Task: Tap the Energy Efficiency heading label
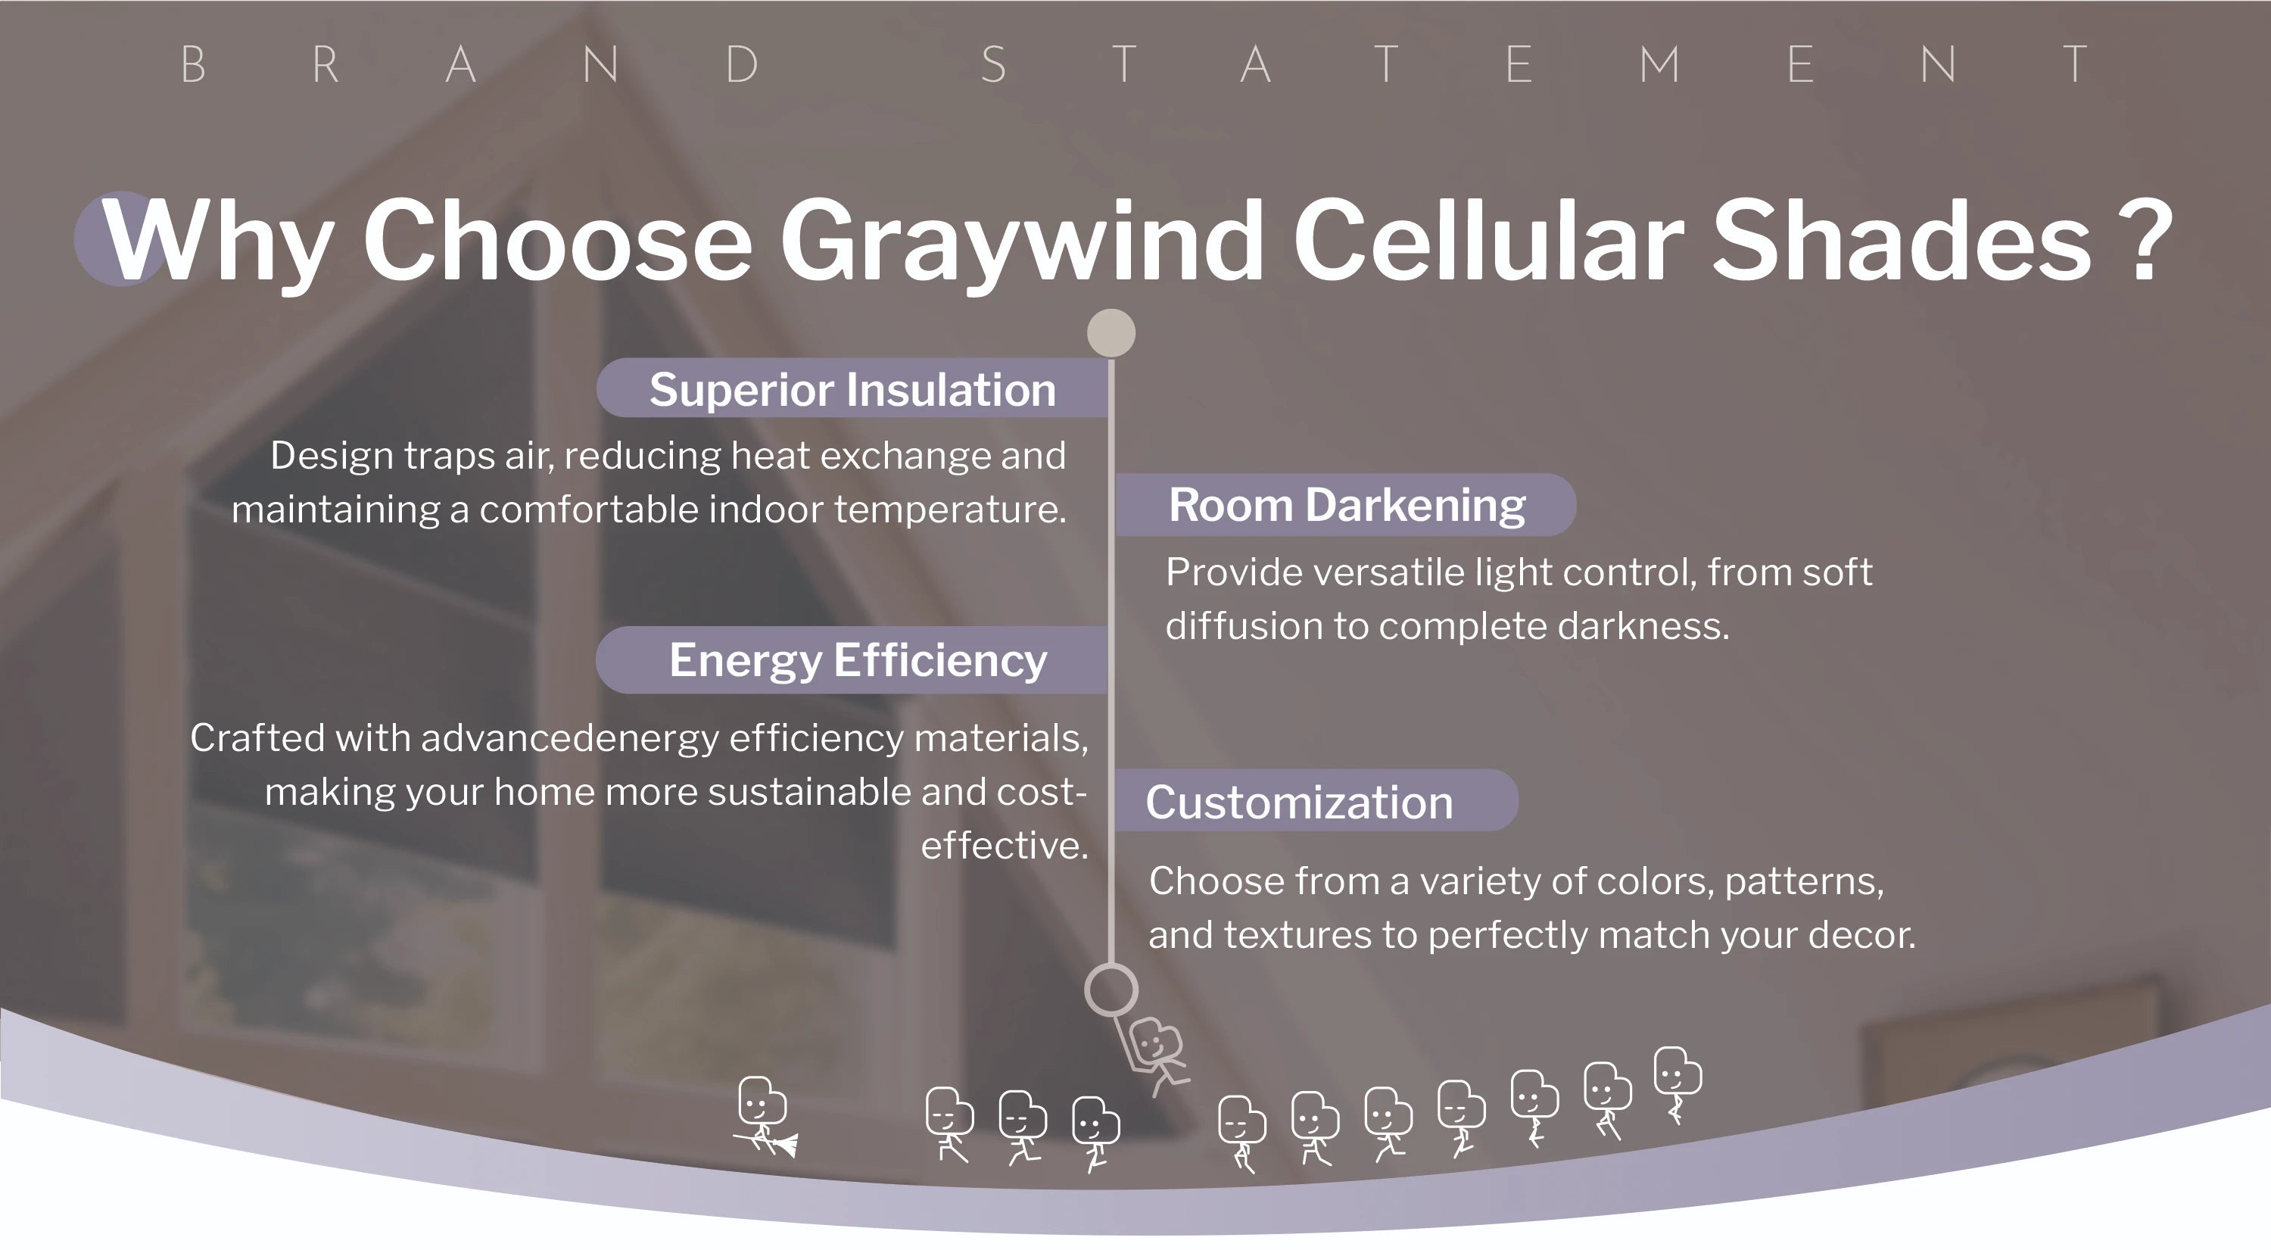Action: click(858, 660)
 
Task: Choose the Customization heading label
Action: click(1298, 803)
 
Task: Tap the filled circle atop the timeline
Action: click(1111, 333)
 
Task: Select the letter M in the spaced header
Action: click(1660, 64)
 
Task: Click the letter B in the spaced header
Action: click(193, 64)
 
